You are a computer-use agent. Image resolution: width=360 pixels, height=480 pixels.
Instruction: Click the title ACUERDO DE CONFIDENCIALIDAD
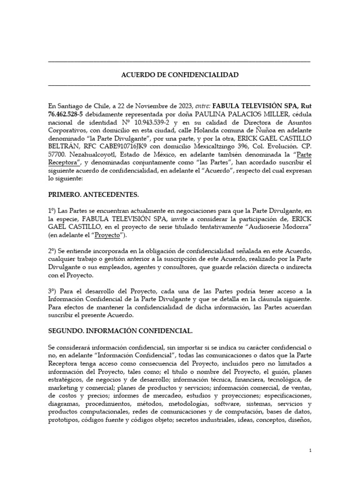pyautogui.click(x=180, y=75)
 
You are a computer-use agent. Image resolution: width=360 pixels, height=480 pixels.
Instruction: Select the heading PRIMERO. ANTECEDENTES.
pyautogui.click(x=94, y=193)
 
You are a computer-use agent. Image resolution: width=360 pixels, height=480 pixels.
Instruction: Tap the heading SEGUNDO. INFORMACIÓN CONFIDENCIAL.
pyautogui.click(x=120, y=330)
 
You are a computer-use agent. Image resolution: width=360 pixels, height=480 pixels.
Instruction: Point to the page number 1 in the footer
pyautogui.click(x=310, y=450)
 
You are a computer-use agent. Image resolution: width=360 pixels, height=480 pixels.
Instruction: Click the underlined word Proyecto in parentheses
pyautogui.click(x=106, y=234)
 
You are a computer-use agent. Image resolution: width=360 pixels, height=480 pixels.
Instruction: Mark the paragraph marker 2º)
pyautogui.click(x=53, y=252)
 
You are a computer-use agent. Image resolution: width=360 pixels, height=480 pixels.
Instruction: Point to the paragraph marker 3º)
pyautogui.click(x=53, y=291)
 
